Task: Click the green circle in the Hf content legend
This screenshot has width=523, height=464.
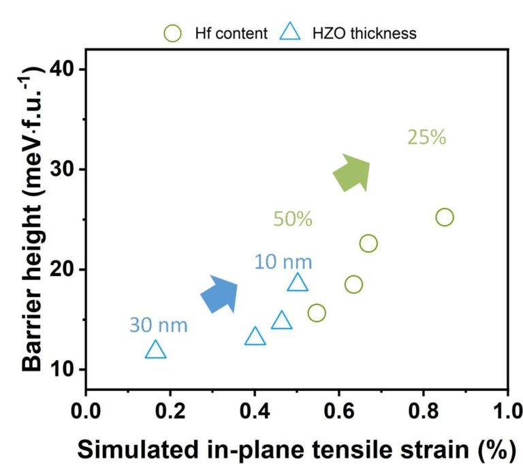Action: [173, 33]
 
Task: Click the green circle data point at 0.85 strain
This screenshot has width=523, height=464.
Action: [444, 217]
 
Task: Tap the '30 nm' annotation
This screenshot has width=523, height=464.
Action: [158, 326]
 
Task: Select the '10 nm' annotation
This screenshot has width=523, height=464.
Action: [283, 262]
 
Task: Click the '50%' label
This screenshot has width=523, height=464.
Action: [293, 219]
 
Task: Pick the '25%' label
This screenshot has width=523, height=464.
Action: [426, 138]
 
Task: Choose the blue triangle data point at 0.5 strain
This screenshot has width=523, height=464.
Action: [298, 283]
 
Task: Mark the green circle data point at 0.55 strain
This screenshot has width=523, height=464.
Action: [317, 313]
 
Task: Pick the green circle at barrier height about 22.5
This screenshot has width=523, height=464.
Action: [368, 243]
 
